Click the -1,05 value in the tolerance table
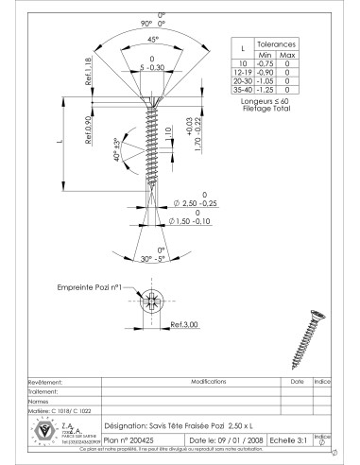coord(266,84)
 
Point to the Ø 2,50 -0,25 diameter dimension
coord(195,203)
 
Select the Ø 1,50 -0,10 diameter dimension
coord(193,222)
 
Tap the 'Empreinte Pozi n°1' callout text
coord(90,284)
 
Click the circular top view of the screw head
coord(152,302)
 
